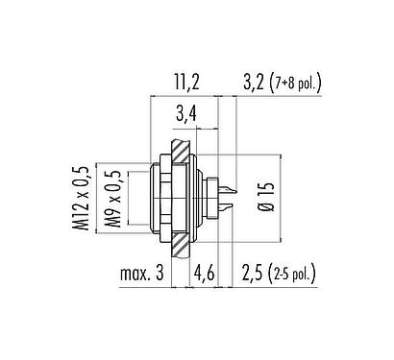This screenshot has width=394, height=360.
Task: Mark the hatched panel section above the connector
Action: click(178, 143)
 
